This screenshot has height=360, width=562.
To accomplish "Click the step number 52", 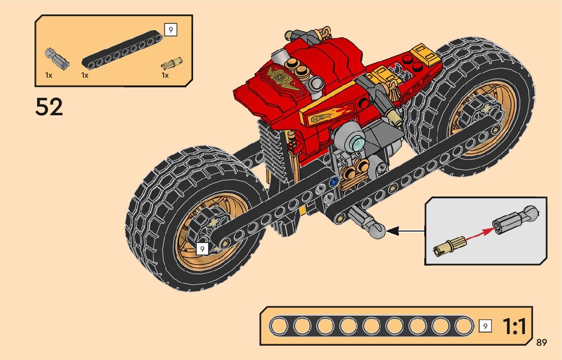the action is pos(49,107).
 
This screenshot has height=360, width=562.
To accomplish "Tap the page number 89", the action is pos(541,343).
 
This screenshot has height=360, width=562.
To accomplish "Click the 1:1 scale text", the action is pos(514,327).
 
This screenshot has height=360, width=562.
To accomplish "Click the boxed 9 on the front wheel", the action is pos(202,249).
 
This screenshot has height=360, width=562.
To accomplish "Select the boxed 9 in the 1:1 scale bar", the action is pos(485,326).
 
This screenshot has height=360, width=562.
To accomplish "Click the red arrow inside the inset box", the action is pos(473,237).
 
